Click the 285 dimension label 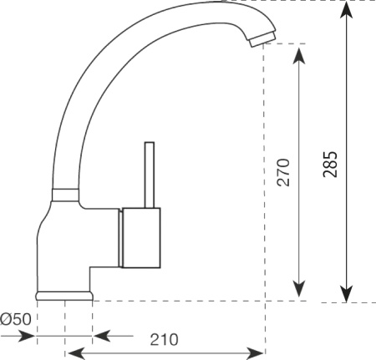(x=330, y=165)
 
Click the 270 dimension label (x=283, y=172)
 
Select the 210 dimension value (x=164, y=340)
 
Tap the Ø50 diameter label (x=16, y=319)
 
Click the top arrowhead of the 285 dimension (x=346, y=10)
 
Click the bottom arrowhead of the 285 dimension (x=346, y=294)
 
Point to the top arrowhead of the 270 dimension (x=299, y=56)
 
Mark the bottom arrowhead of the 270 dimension (x=299, y=289)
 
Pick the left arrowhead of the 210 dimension (x=76, y=353)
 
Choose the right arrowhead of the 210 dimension (x=255, y=353)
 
